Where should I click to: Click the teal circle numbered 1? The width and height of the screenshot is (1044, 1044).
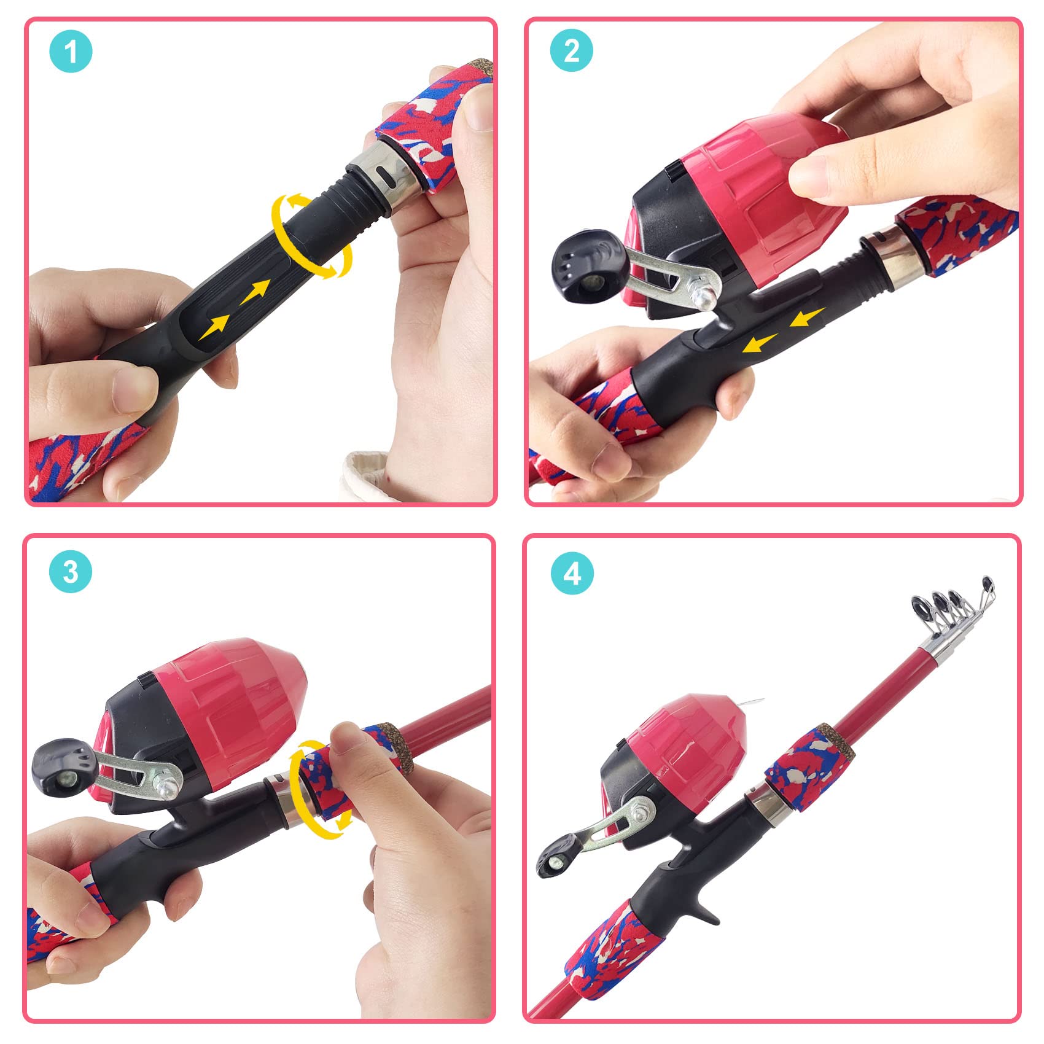click(71, 51)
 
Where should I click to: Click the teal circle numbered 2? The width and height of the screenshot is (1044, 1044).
click(571, 50)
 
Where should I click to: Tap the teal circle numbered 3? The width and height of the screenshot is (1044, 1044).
click(71, 571)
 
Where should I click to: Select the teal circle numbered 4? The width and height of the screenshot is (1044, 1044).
click(572, 573)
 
